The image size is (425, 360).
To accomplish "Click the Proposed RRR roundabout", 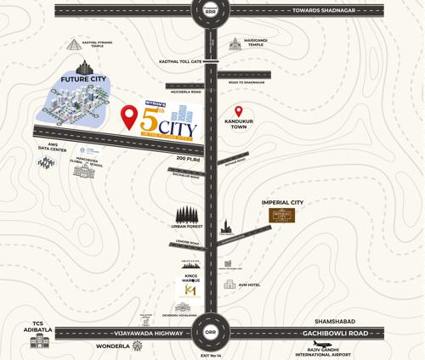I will click(x=211, y=10).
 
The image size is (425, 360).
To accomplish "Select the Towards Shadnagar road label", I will click(x=326, y=11).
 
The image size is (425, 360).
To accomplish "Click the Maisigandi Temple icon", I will click(x=235, y=42).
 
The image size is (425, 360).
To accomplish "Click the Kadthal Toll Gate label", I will click(x=180, y=61).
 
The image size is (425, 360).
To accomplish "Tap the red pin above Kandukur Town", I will click(x=239, y=112).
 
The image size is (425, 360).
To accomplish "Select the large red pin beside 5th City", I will click(x=129, y=116).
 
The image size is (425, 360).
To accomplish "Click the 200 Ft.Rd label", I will click(x=188, y=158).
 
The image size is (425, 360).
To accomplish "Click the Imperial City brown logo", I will click(x=281, y=216).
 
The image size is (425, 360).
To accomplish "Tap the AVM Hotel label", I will click(x=249, y=285).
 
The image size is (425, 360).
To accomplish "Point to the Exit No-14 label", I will click(x=211, y=355).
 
